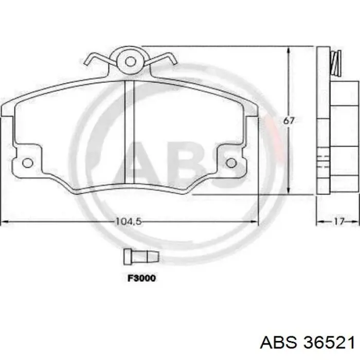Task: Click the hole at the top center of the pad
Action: click(x=131, y=61)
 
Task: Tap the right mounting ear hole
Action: click(x=231, y=163)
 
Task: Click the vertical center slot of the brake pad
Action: click(x=130, y=132)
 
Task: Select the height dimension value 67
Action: click(x=290, y=121)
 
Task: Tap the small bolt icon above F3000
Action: click(x=140, y=255)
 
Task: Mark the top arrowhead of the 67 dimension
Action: click(x=290, y=49)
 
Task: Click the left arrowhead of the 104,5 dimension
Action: click(x=4, y=222)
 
